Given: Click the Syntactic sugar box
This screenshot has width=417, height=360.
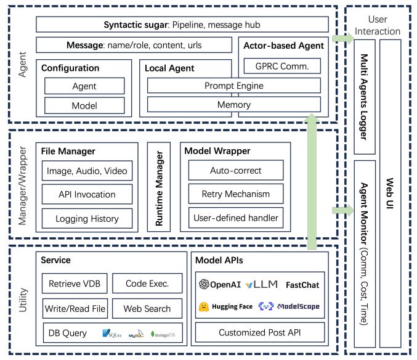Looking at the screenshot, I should tap(182, 24).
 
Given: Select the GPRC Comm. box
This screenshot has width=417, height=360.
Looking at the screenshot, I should tap(281, 66).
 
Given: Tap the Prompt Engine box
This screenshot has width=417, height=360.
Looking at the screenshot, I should tap(233, 85).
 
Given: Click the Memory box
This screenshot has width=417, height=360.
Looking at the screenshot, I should tap(233, 105).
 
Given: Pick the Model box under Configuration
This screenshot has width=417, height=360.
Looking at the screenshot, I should tap(84, 105).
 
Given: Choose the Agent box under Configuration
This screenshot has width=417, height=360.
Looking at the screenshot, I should tap(84, 86).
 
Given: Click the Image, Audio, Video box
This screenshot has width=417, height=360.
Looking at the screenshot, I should tap(87, 171).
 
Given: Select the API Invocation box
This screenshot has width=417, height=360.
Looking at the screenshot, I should tap(87, 194).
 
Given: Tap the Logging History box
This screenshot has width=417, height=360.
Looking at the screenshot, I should tap(87, 218).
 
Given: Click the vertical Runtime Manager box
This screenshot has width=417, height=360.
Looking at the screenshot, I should tap(159, 187).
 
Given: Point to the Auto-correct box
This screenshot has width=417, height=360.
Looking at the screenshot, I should tap(235, 170).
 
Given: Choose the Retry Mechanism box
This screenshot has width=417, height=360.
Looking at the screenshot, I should tap(235, 194).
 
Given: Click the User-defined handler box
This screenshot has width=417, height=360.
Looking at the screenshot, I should tap(235, 218).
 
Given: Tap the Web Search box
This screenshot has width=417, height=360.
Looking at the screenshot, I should tap(147, 308).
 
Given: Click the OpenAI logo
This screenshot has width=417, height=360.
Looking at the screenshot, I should tap(205, 284).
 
